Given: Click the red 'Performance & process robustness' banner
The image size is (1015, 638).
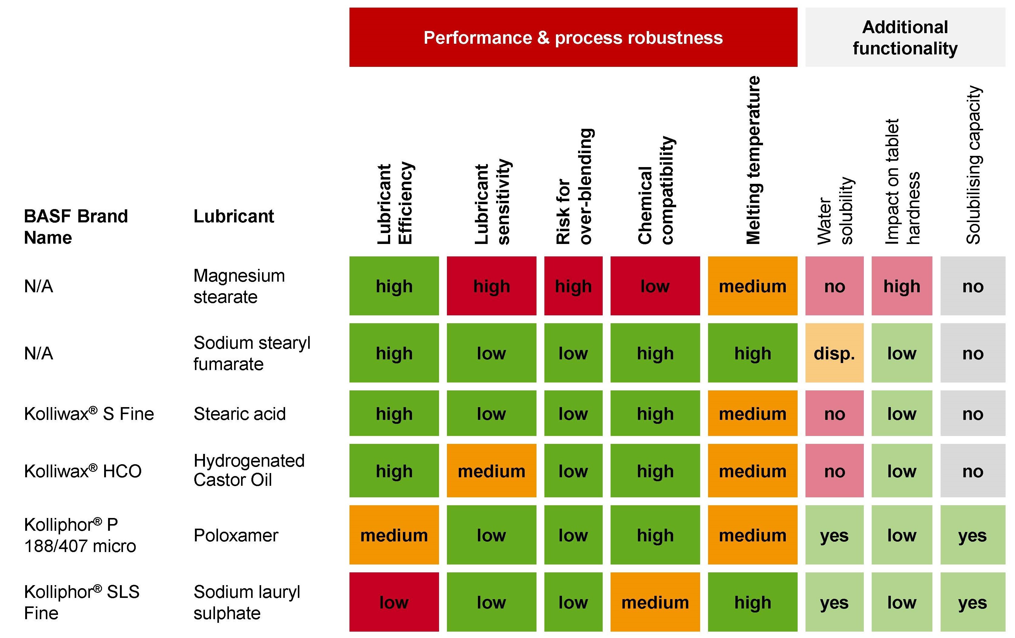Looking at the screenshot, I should pyautogui.click(x=573, y=37).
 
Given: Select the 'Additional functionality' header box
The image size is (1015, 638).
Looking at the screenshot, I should pyautogui.click(x=905, y=37).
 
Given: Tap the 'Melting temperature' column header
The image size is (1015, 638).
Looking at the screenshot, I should pyautogui.click(x=753, y=160).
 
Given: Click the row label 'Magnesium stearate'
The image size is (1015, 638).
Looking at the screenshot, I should pyautogui.click(x=239, y=286).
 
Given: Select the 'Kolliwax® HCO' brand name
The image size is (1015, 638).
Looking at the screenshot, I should pyautogui.click(x=83, y=471).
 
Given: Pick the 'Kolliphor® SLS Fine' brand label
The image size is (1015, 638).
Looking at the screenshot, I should pyautogui.click(x=81, y=602).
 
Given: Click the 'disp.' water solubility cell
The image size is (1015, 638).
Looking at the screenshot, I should pyautogui.click(x=834, y=353).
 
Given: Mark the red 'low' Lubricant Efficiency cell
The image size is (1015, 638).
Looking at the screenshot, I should pyautogui.click(x=394, y=602).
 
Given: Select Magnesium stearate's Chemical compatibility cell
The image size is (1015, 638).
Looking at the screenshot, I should pyautogui.click(x=655, y=286).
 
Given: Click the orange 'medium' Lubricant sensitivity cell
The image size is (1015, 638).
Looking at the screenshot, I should pyautogui.click(x=492, y=471).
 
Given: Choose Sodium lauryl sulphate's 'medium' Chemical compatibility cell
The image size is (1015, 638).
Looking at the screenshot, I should pyautogui.click(x=655, y=602).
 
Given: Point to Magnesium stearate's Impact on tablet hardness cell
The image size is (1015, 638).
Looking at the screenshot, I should pyautogui.click(x=902, y=286).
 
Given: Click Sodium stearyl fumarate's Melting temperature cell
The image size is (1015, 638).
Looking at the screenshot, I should pyautogui.click(x=753, y=353).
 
